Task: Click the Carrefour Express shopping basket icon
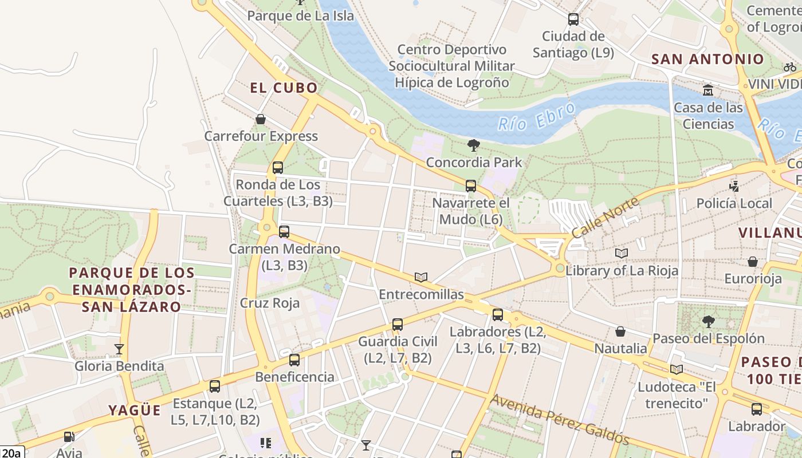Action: tap(261, 119)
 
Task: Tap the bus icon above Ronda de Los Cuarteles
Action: tap(278, 168)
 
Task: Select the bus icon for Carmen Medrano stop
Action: tap(284, 232)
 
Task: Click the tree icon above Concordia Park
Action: tap(473, 145)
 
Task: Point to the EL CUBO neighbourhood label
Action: tap(284, 88)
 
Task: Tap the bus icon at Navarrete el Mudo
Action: tap(471, 186)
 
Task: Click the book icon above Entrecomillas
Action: tap(421, 277)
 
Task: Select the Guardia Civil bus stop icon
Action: tap(398, 325)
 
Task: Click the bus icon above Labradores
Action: tap(498, 314)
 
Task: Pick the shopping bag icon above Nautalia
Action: tap(620, 331)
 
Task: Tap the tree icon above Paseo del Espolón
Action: tap(709, 322)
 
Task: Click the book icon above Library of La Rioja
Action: tap(622, 253)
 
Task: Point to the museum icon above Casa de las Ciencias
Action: tap(708, 90)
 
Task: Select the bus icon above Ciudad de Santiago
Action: tap(573, 19)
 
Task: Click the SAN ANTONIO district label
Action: tap(708, 59)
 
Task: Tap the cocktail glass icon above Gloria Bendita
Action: tap(119, 349)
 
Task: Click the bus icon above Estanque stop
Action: tap(215, 386)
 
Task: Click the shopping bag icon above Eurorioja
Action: tap(753, 262)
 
